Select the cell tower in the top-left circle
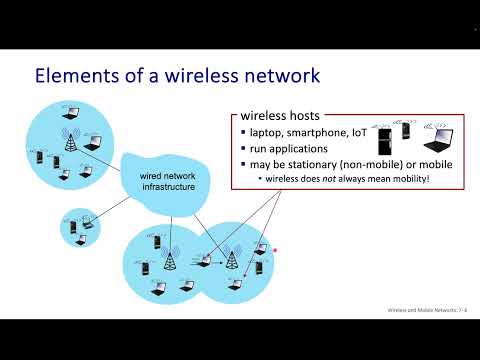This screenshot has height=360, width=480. point(71,140)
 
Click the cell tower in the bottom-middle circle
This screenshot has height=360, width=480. point(168,262)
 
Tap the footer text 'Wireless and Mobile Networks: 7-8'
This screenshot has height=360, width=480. point(424,310)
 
